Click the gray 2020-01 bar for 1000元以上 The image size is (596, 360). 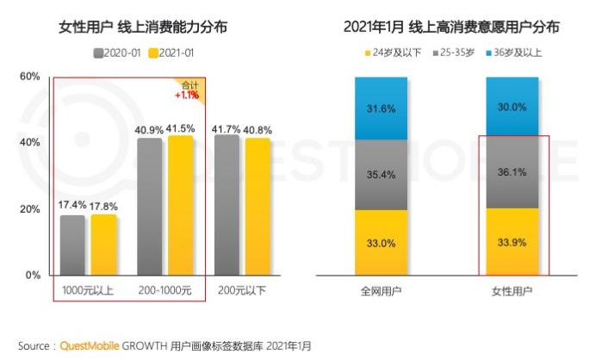pos(72,245)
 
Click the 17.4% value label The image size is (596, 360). pos(73,206)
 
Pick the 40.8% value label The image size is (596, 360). pos(257,130)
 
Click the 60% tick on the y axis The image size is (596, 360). pos(30,77)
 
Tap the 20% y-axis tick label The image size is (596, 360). pos(30,209)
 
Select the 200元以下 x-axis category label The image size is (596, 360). pos(242,289)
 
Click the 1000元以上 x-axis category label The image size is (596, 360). pos(85,289)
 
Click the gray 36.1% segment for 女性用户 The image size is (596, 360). pos(514,172)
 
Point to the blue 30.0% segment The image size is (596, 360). pos(514,107)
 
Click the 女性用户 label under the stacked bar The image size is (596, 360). pos(514,290)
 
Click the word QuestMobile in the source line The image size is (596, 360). pos(91,345)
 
